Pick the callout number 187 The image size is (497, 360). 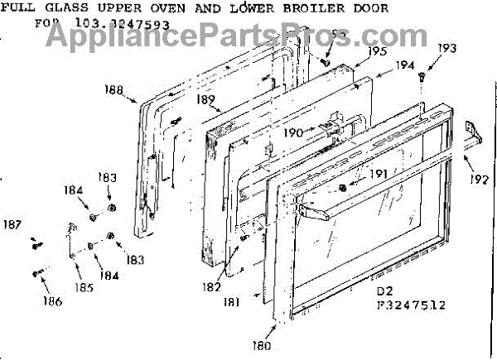13,223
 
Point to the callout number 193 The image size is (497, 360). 446,48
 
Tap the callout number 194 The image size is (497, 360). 404,65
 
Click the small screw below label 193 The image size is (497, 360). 422,76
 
